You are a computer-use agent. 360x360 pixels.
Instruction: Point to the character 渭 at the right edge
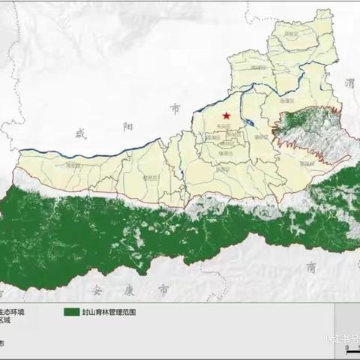click(x=347, y=85)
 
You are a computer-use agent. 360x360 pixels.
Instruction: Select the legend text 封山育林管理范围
click(x=110, y=311)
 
